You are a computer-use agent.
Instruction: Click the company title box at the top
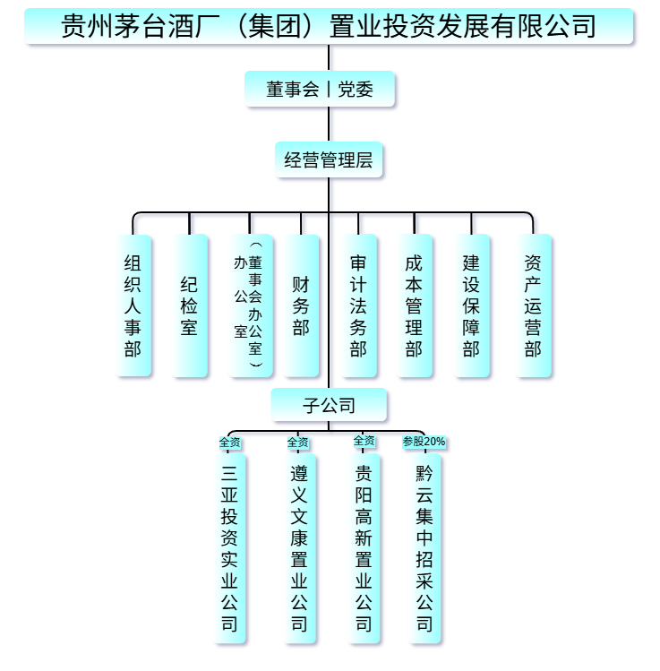click(329, 27)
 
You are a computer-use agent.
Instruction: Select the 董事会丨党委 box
click(320, 90)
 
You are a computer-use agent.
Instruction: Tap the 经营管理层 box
click(329, 161)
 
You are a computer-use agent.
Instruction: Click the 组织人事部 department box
click(133, 305)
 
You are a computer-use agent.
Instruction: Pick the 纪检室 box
click(189, 305)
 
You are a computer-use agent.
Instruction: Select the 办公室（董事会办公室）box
click(249, 305)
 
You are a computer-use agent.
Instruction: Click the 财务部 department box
click(301, 305)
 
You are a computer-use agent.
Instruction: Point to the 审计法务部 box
click(358, 305)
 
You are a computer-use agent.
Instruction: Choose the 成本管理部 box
click(414, 305)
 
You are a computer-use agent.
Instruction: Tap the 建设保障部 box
click(471, 305)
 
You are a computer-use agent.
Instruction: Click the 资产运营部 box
click(534, 305)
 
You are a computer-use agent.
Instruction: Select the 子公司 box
click(329, 406)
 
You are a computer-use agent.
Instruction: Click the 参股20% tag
click(424, 442)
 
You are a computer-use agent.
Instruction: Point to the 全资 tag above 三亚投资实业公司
click(230, 442)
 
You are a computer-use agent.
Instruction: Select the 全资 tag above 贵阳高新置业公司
click(364, 441)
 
